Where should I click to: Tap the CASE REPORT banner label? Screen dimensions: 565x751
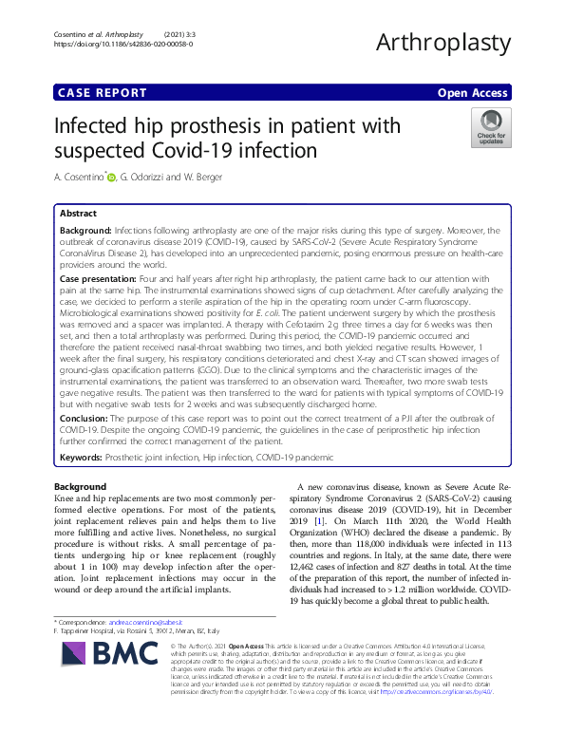103,93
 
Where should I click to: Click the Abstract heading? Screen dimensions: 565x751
79,215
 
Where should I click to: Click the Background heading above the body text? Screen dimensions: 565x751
80,486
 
